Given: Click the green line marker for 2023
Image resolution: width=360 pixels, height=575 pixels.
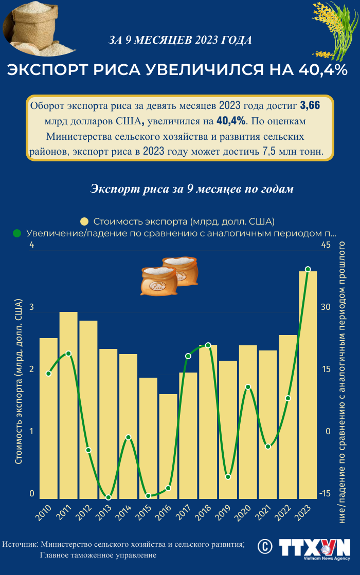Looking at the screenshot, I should coord(308,269).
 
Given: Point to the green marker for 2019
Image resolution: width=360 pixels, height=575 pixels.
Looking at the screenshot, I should coord(228,477).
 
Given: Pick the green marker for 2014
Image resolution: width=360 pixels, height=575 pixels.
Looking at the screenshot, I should coord(129,437).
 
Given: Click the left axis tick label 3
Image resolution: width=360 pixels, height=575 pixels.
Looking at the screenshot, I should coord(31,307).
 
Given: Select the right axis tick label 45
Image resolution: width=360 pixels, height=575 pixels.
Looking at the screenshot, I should coord(326,245).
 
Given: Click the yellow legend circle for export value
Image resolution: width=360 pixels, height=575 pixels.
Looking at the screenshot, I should coord(85,221).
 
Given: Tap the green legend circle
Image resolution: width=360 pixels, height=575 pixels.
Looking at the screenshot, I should coord(17,233).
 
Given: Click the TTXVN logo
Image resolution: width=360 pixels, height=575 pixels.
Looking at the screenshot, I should coord(314,548).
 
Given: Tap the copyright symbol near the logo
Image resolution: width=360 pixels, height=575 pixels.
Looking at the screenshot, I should coord(265,546).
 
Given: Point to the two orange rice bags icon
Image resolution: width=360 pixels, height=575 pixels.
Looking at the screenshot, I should coord(169,275).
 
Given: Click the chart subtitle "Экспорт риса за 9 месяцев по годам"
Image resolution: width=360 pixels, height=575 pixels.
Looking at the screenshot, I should coord(192,189).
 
